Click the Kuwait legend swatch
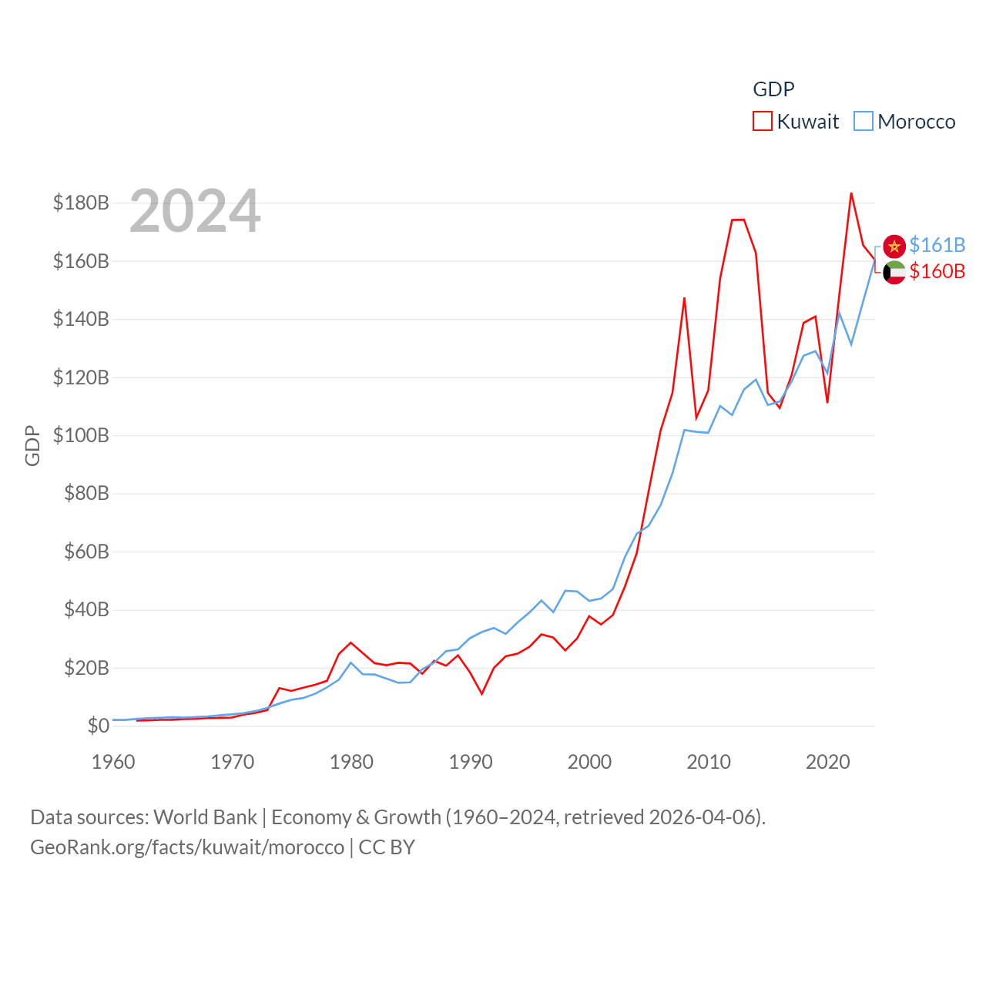click(x=763, y=122)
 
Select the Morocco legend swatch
click(x=864, y=122)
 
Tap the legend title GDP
click(x=773, y=89)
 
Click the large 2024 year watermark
click(x=195, y=211)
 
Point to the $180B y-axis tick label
click(x=81, y=203)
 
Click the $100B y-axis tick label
click(x=81, y=435)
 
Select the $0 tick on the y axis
click(x=98, y=726)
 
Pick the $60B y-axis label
click(x=86, y=552)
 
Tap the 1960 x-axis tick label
click(x=113, y=762)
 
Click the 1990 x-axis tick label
click(x=471, y=762)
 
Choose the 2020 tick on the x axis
click(x=828, y=762)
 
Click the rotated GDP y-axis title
click(x=32, y=445)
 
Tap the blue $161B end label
click(x=937, y=245)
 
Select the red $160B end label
click(x=937, y=271)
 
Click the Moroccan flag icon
click(x=894, y=246)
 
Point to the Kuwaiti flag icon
click(x=894, y=272)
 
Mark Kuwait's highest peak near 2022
click(x=851, y=193)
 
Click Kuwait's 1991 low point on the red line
click(x=481, y=694)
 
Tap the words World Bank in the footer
click(x=206, y=817)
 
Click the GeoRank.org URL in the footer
click(x=187, y=847)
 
